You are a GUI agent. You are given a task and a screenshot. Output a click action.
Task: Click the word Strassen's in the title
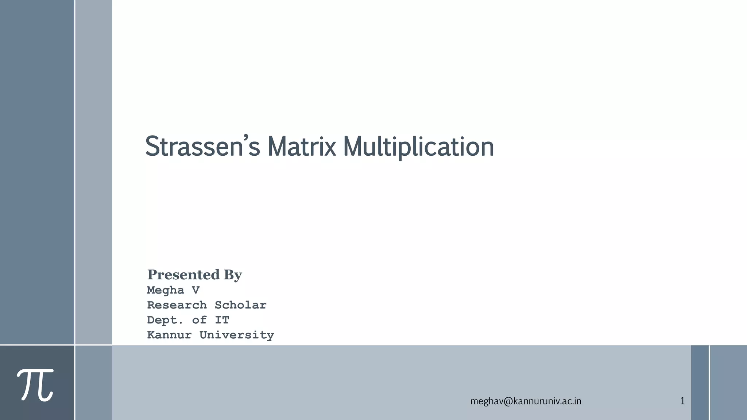pyautogui.click(x=202, y=147)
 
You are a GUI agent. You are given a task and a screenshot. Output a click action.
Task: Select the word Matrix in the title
pyautogui.click(x=301, y=147)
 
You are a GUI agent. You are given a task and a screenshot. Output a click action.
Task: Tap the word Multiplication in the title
pyautogui.click(x=418, y=147)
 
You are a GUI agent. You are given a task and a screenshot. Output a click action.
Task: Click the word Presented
pyautogui.click(x=183, y=275)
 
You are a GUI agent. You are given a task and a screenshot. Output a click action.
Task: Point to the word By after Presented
pyautogui.click(x=233, y=275)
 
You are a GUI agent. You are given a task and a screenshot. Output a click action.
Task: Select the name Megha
pyautogui.click(x=166, y=291)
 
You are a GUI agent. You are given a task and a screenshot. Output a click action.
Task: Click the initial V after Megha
pyautogui.click(x=196, y=290)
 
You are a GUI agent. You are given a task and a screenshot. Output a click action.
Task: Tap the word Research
pyautogui.click(x=177, y=305)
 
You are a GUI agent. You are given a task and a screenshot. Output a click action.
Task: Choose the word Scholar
pyautogui.click(x=240, y=305)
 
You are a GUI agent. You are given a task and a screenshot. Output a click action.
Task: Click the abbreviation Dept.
pyautogui.click(x=165, y=320)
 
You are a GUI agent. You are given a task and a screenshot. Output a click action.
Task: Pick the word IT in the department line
pyautogui.click(x=222, y=320)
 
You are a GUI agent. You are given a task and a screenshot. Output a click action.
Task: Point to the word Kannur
pyautogui.click(x=169, y=335)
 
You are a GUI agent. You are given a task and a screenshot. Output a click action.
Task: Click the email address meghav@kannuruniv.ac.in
pyautogui.click(x=526, y=401)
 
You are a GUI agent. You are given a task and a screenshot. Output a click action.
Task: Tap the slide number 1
pyautogui.click(x=682, y=401)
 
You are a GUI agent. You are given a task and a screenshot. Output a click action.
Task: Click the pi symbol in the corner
pyautogui.click(x=36, y=384)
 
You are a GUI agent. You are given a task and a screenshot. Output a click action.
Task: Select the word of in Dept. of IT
pyautogui.click(x=199, y=320)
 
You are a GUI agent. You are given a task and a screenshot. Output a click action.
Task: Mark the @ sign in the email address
pyautogui.click(x=508, y=401)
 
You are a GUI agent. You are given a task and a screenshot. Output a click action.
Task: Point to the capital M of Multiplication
pyautogui.click(x=353, y=147)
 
